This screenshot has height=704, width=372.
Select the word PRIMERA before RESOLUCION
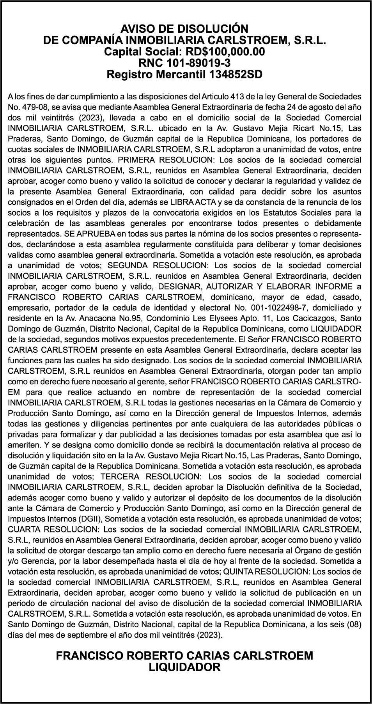[138, 160]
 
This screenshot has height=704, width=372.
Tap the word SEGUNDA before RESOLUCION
[127, 265]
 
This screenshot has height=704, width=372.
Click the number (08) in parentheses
[353, 624]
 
